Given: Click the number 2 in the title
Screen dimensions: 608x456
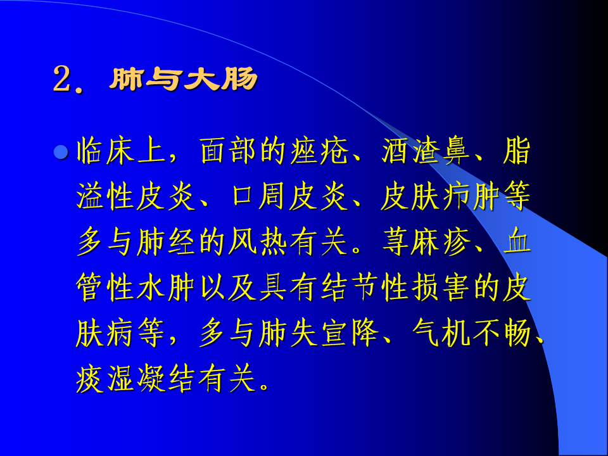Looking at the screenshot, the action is click(63, 79).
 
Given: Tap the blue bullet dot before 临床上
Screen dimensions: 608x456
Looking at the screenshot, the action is click(61, 153).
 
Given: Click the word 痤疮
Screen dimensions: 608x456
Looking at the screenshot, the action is click(319, 151).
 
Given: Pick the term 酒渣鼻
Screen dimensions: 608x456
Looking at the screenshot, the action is click(426, 151).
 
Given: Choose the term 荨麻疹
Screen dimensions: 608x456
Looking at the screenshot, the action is click(426, 243).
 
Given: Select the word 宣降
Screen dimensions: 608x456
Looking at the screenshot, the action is click(350, 334).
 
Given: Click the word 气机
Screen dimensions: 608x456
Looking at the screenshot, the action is click(441, 334).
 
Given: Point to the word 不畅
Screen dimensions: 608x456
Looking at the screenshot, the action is click(502, 334).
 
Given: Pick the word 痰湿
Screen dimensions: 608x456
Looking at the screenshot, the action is click(106, 379).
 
